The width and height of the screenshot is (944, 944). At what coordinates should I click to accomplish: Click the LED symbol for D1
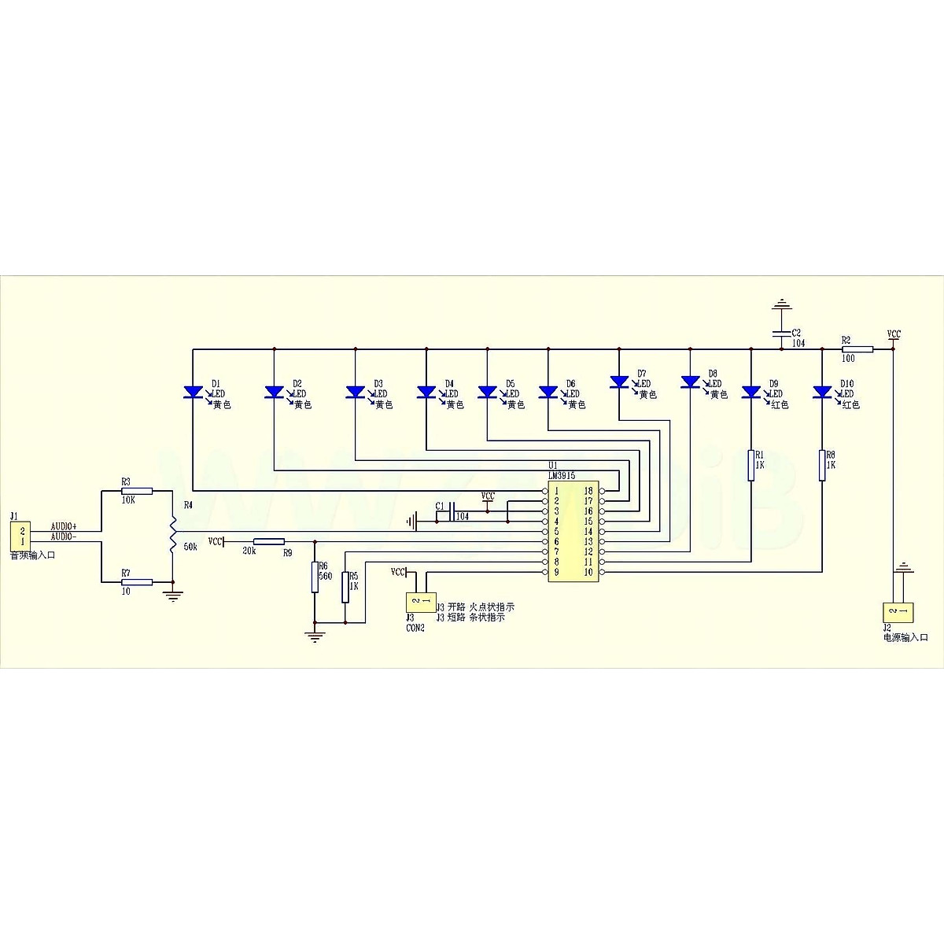point(193,392)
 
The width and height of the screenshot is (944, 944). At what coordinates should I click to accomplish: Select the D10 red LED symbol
point(822,392)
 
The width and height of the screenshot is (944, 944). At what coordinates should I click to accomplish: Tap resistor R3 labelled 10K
point(137,490)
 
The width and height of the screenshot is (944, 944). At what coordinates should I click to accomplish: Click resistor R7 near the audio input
point(137,582)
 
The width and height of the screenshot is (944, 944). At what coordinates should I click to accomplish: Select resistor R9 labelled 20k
point(269,541)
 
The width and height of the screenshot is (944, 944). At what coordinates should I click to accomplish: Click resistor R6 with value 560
point(315,575)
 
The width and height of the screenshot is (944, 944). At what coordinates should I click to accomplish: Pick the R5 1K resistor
point(345,586)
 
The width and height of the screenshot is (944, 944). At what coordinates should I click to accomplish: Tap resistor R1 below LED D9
point(751,464)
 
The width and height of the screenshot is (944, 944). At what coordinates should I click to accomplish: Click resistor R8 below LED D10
point(822,464)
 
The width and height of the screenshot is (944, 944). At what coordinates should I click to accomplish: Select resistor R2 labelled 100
point(857,348)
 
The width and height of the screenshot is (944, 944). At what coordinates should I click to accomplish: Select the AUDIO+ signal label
point(64,525)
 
